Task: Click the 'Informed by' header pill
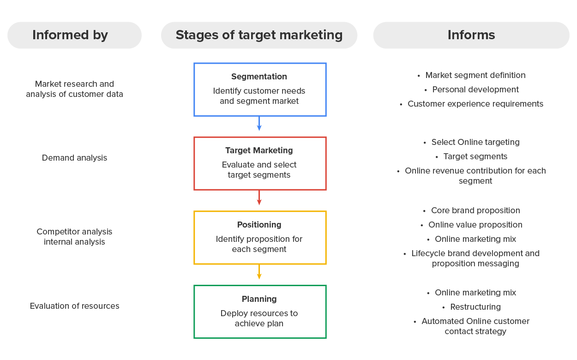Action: [x=74, y=35]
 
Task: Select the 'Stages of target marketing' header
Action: [x=259, y=35]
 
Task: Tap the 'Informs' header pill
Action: [x=471, y=35]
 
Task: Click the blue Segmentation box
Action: [x=260, y=90]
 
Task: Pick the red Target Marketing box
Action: [x=260, y=163]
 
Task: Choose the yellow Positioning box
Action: [x=260, y=238]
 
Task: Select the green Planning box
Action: [x=260, y=312]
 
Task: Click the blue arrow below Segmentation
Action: [x=259, y=124]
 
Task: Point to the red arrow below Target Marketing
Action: [x=259, y=198]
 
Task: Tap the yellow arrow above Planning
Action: [x=259, y=272]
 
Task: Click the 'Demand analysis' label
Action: [x=74, y=158]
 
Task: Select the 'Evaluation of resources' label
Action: [x=74, y=306]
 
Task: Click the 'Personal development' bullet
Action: [x=475, y=90]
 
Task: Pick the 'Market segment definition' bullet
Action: [x=475, y=75]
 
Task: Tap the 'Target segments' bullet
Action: [x=475, y=156]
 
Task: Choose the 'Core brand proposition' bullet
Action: [x=475, y=210]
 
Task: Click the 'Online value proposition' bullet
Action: [x=475, y=225]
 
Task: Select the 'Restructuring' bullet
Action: [x=475, y=307]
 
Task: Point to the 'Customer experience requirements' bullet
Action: [x=475, y=104]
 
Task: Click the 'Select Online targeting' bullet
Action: [x=475, y=142]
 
